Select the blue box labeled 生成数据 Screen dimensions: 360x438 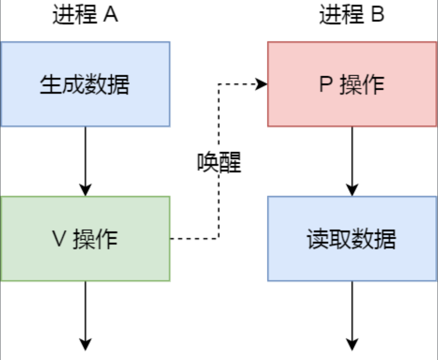[x=85, y=84]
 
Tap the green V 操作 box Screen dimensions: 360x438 [x=85, y=239]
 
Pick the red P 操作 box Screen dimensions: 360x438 [x=352, y=84]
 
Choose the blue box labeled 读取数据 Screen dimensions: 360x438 [x=352, y=239]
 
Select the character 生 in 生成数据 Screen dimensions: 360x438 [x=51, y=85]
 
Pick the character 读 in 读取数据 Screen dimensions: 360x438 [x=318, y=239]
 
